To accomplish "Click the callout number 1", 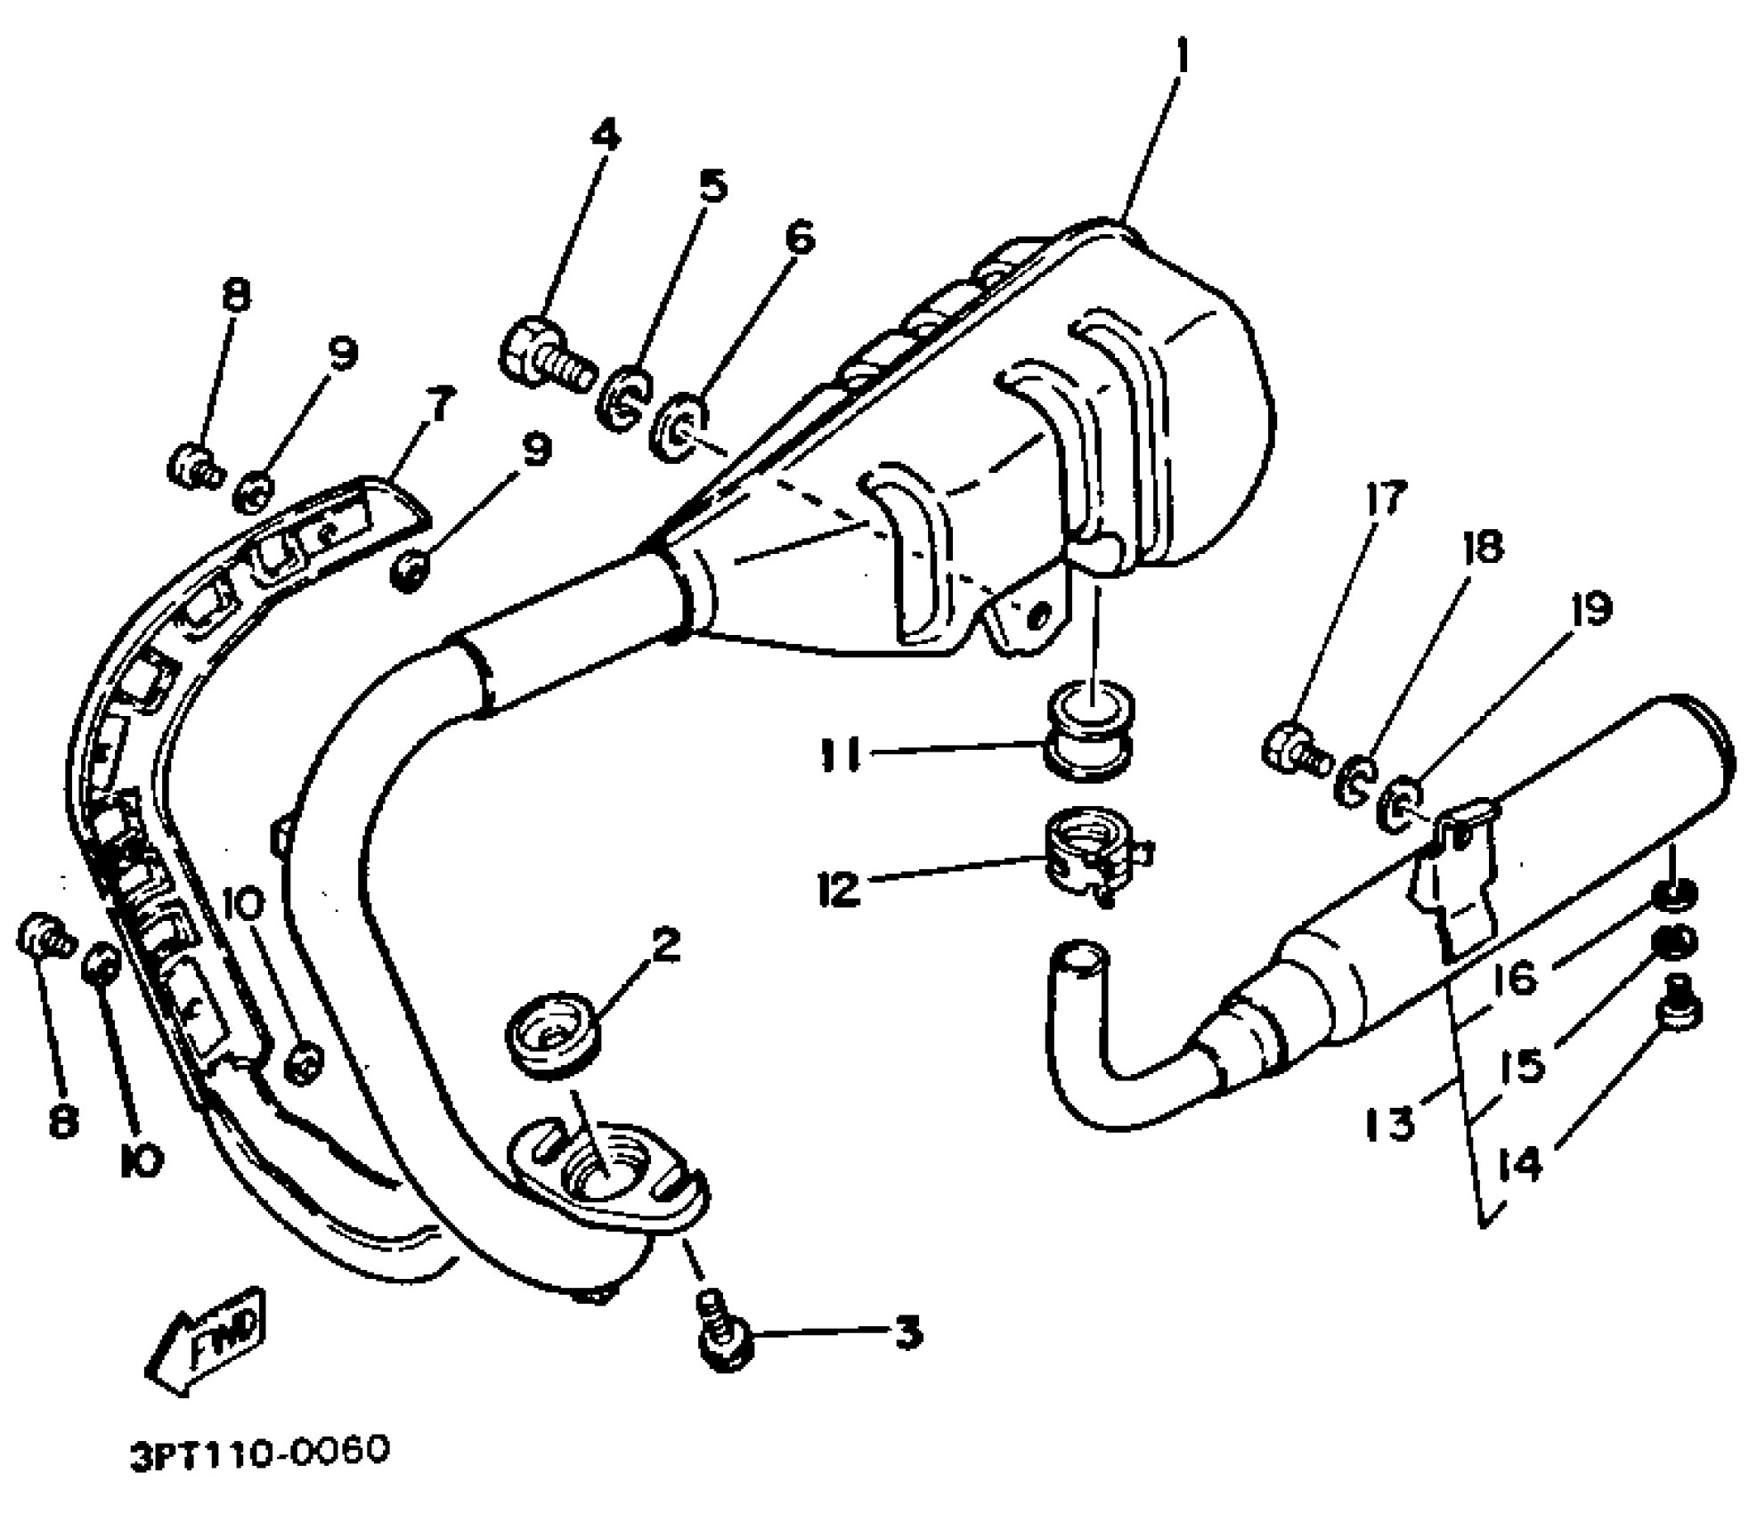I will click(1182, 58).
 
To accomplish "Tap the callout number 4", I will click(605, 135).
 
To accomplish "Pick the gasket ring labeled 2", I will click(552, 1037).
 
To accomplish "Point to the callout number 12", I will click(840, 888).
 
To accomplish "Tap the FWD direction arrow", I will click(204, 1345).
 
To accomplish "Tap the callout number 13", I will click(1390, 1124).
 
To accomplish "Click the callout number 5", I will click(712, 186).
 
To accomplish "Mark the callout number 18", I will click(1481, 546).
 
